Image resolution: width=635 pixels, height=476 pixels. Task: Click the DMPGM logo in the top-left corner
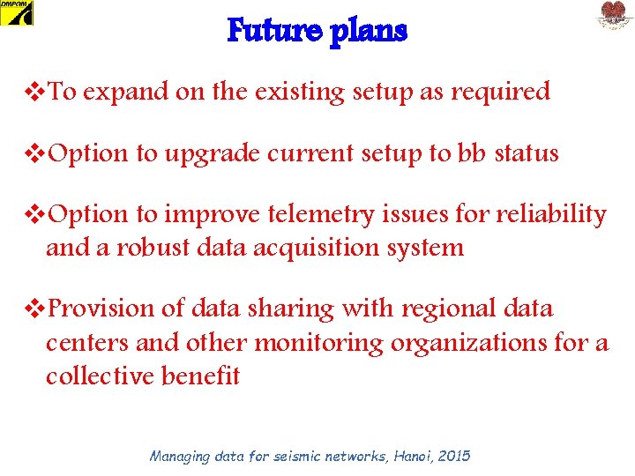pyautogui.click(x=17, y=12)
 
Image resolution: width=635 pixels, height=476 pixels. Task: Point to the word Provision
pyautogui.click(x=100, y=309)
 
